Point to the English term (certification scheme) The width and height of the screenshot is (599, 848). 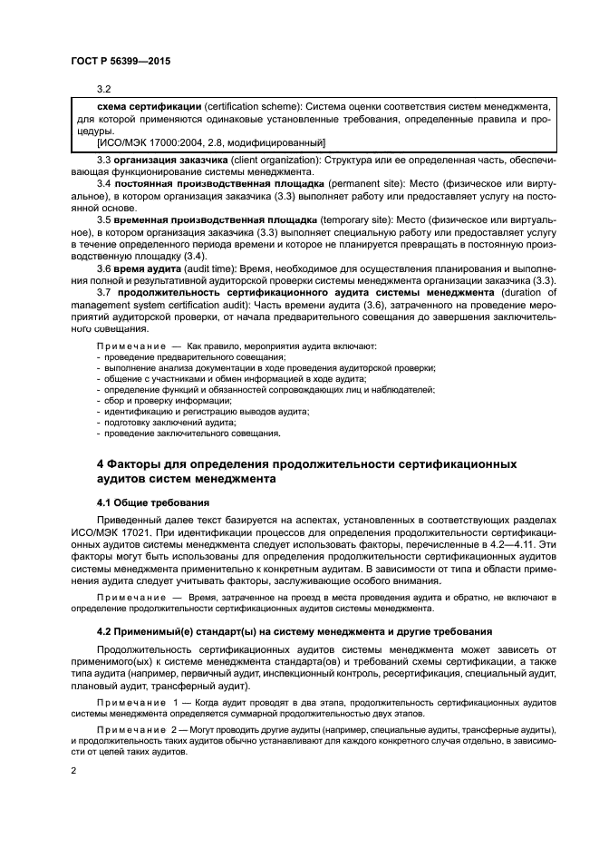(245, 106)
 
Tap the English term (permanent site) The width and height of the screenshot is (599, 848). (362, 184)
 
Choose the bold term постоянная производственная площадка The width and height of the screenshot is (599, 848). (216, 184)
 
